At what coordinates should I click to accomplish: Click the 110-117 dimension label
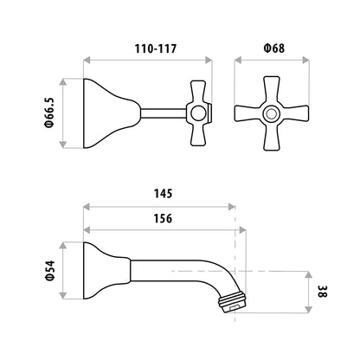pyautogui.click(x=156, y=48)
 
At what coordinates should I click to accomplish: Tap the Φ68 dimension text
pyautogui.click(x=274, y=48)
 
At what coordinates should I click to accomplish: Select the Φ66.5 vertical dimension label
pyautogui.click(x=49, y=112)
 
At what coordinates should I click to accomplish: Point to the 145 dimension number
pyautogui.click(x=163, y=194)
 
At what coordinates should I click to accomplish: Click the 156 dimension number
pyautogui.click(x=163, y=218)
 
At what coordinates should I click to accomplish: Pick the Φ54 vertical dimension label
pyautogui.click(x=50, y=271)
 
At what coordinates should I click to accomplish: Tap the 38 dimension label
pyautogui.click(x=323, y=292)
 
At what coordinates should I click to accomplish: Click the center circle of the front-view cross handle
pyautogui.click(x=271, y=113)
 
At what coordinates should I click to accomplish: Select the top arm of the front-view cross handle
pyautogui.click(x=272, y=90)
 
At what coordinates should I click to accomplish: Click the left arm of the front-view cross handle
pyautogui.click(x=248, y=113)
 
